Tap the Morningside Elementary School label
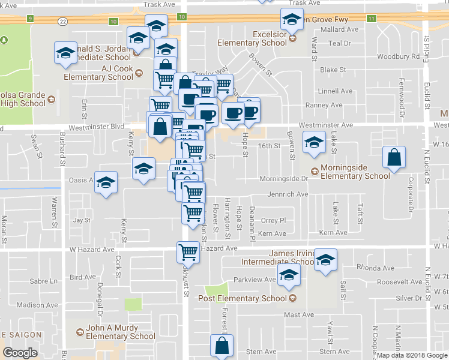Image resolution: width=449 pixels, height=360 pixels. [355, 172]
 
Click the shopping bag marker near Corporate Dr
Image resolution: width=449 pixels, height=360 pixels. [394, 158]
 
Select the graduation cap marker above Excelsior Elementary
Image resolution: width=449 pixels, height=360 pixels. [292, 20]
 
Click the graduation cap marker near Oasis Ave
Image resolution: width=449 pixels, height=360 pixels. [106, 183]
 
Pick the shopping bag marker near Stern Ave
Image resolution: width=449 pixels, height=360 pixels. [221, 346]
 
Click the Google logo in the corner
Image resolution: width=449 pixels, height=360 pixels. [20, 352]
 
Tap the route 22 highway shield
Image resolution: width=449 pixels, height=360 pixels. [63, 21]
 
